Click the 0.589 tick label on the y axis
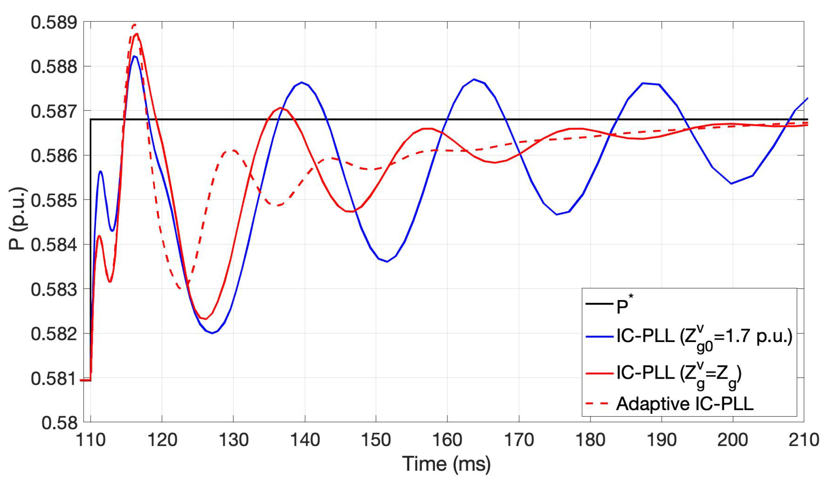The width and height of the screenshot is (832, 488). click(54, 22)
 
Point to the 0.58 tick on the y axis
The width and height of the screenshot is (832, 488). click(59, 423)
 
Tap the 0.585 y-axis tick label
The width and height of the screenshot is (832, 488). click(54, 200)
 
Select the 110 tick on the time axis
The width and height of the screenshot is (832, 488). click(91, 440)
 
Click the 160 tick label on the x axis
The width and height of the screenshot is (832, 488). click(447, 440)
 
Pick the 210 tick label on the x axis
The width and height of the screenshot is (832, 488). click(803, 440)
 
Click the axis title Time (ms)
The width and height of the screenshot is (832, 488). click(446, 464)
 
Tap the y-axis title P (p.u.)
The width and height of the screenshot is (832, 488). click(18, 219)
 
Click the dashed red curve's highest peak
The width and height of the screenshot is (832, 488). click(134, 25)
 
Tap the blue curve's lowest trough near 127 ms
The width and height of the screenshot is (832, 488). click(212, 333)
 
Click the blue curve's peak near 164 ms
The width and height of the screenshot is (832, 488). click(474, 79)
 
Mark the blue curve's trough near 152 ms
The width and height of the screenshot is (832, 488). click(387, 262)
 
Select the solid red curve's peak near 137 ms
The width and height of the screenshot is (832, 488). click(281, 108)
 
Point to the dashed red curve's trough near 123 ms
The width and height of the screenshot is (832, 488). click(181, 289)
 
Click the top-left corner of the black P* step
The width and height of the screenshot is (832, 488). click(91, 120)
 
